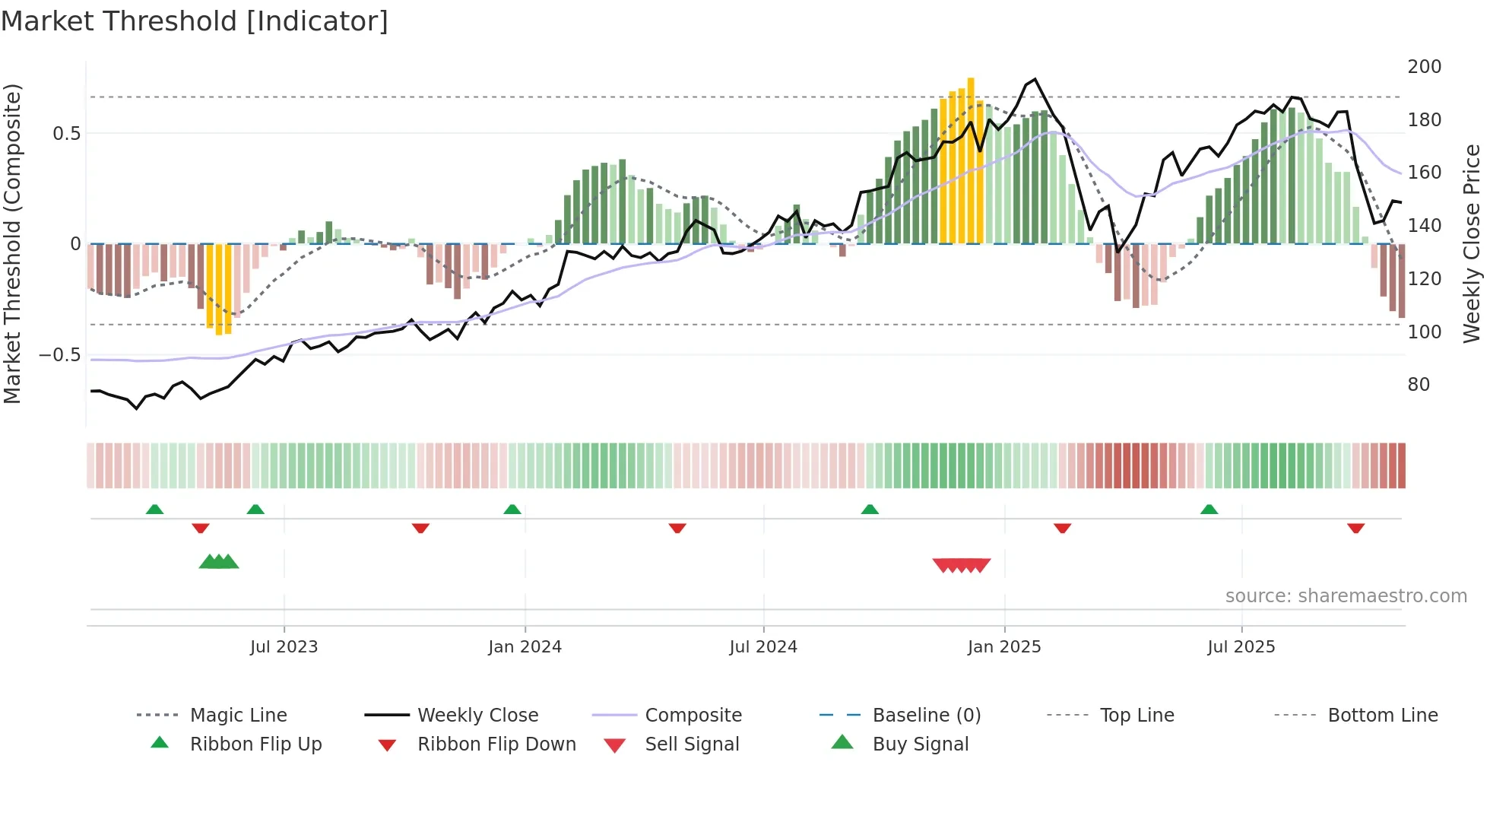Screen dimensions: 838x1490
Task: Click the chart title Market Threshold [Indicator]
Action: pos(195,21)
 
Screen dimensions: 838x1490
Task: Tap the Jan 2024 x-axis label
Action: pos(525,647)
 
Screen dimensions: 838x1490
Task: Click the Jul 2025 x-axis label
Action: pos(1241,647)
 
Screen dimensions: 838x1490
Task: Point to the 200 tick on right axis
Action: pos(1424,67)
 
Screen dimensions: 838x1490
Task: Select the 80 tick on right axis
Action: pos(1419,385)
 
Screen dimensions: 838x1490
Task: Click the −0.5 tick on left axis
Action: pos(59,355)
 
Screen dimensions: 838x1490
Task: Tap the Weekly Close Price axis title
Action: pos(1472,243)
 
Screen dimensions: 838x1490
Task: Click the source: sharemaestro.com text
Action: pos(1346,596)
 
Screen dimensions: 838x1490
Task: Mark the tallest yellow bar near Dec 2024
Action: pos(971,160)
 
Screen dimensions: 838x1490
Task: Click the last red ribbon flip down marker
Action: pos(1355,528)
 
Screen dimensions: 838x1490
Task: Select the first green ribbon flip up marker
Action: pos(154,509)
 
